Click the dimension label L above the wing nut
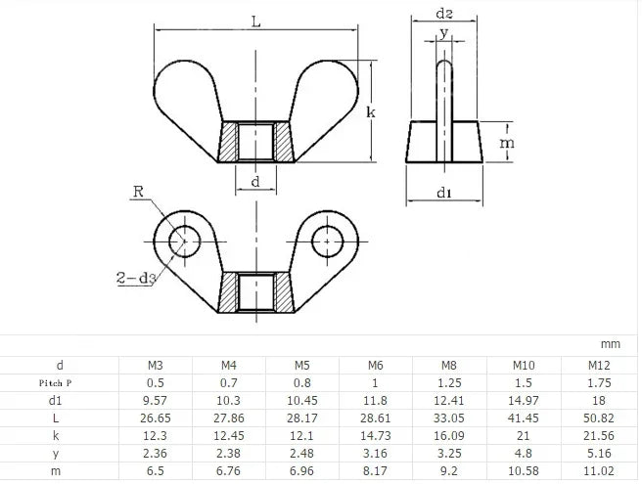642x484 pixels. pyautogui.click(x=255, y=22)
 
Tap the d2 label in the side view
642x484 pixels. pyautogui.click(x=444, y=14)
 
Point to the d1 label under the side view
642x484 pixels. pyautogui.click(x=444, y=193)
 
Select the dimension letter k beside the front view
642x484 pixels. pyautogui.click(x=371, y=111)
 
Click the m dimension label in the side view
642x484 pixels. pyautogui.click(x=507, y=143)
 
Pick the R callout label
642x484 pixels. pyautogui.click(x=138, y=191)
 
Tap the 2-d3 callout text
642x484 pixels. pyautogui.click(x=136, y=279)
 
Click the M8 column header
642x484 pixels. pyautogui.click(x=449, y=365)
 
